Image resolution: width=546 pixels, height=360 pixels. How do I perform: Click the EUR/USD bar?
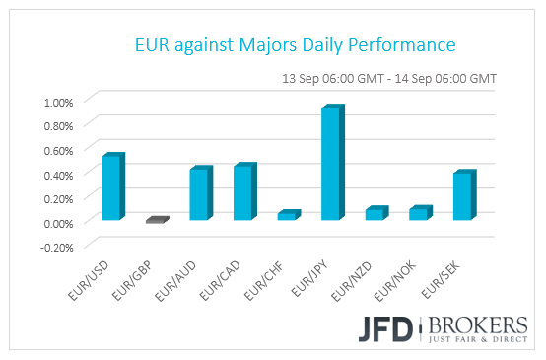point(112,187)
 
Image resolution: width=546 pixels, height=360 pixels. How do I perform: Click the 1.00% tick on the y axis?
point(57,102)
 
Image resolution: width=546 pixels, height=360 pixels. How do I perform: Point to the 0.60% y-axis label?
point(57,150)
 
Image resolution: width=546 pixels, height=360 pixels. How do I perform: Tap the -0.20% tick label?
point(55,247)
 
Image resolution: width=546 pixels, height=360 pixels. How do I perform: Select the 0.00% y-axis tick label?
point(57,222)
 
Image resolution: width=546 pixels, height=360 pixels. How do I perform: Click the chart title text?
point(295,46)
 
